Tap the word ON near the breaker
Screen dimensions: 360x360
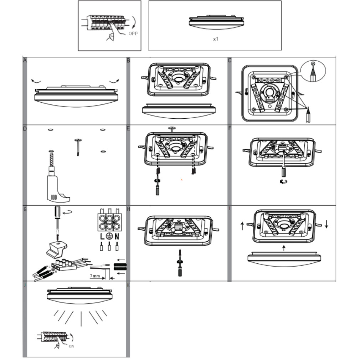[71, 346]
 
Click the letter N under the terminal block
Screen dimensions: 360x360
[117, 236]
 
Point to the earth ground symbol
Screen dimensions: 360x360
[109, 236]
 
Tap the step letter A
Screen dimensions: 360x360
[25, 60]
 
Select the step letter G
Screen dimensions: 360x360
[25, 209]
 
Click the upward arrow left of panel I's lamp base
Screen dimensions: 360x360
[242, 226]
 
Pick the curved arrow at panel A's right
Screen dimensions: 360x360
[114, 82]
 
